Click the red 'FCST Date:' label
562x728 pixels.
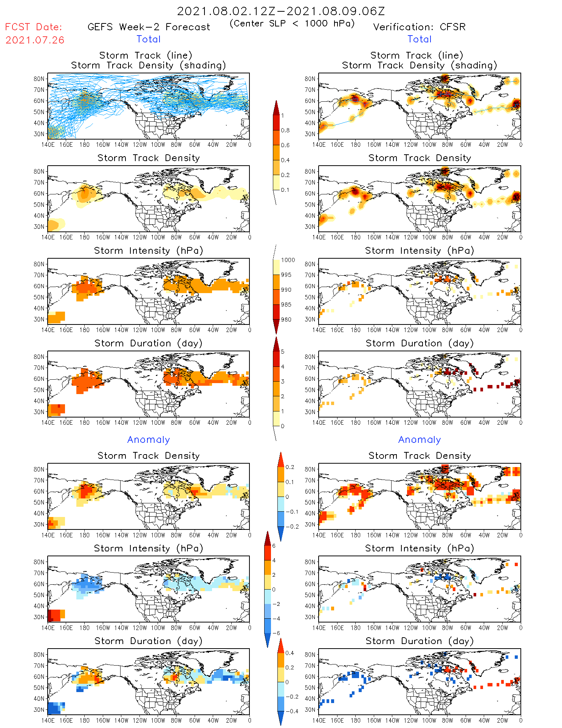point(33,27)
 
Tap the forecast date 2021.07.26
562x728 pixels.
point(35,40)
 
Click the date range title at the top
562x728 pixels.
point(281,11)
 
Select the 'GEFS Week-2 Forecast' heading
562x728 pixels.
point(149,27)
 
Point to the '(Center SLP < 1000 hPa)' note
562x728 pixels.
point(292,23)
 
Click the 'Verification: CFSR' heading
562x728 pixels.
point(419,27)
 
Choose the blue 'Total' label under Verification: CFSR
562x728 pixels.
point(419,39)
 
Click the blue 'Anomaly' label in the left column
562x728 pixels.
point(149,439)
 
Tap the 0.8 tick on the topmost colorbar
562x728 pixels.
point(285,130)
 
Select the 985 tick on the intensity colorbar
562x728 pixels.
point(286,305)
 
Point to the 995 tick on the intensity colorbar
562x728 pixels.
point(286,275)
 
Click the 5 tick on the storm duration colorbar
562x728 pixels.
point(283,352)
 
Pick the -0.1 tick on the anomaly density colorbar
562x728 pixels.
point(291,512)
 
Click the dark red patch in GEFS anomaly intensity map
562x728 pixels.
point(53,615)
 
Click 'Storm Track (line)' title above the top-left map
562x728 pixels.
point(146,55)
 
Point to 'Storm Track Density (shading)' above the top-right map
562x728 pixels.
point(419,65)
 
